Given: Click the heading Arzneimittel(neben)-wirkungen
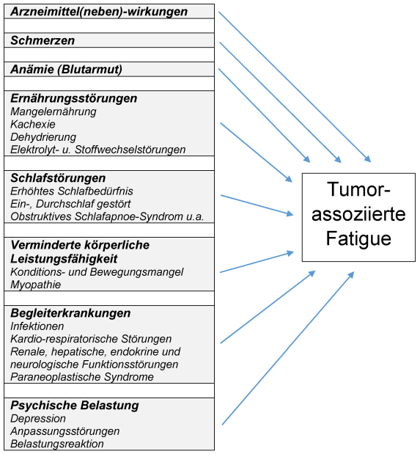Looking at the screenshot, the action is [x=99, y=12].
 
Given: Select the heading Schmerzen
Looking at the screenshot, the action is [x=43, y=40].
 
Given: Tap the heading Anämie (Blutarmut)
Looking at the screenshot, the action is [x=66, y=70].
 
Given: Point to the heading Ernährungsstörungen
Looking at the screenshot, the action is [x=74, y=98].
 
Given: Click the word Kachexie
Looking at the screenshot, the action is [x=33, y=124].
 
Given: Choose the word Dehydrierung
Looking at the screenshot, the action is [x=43, y=137].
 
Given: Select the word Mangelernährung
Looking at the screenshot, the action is [x=54, y=111].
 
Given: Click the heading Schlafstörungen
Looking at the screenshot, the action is [x=58, y=178].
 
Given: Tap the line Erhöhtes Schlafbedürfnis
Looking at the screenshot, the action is [x=72, y=191].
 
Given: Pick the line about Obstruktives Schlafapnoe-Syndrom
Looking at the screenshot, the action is [x=107, y=216].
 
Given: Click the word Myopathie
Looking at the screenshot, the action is [x=36, y=285].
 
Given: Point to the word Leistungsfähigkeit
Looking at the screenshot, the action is [x=64, y=259].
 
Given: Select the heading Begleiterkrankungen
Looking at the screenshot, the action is [x=70, y=313].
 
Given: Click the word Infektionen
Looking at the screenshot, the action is [x=37, y=326].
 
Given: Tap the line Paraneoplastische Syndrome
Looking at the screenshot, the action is [x=82, y=377].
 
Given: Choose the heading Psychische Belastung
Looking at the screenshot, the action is [x=75, y=406].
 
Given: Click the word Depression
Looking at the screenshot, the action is [x=38, y=419].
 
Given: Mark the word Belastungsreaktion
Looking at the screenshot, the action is [x=57, y=444].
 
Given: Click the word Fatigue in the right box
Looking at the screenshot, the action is [x=358, y=239].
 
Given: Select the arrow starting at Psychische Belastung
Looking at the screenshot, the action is [x=288, y=348].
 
